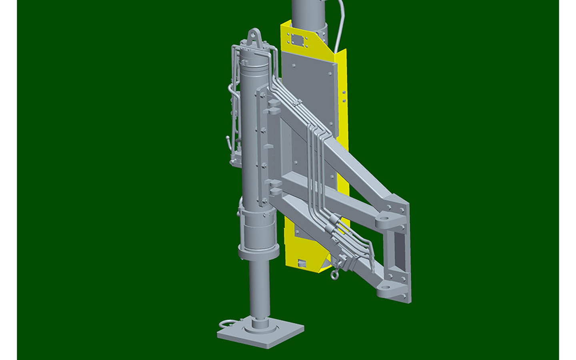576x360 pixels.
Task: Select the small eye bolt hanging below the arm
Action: point(333,274)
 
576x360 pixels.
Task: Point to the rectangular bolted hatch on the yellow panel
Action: point(298,40)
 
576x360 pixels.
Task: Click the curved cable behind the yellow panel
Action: point(338,24)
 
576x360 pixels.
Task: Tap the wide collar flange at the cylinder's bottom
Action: point(258,252)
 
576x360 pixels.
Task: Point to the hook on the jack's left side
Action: point(227,141)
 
